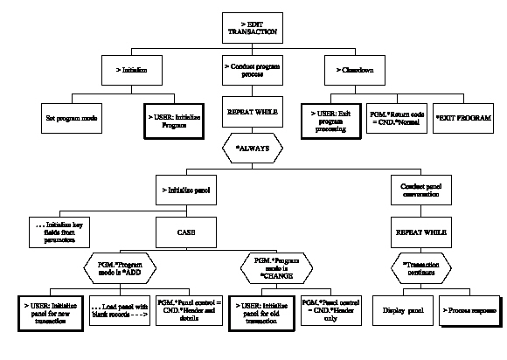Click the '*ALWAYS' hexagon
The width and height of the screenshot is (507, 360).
pyautogui.click(x=253, y=149)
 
